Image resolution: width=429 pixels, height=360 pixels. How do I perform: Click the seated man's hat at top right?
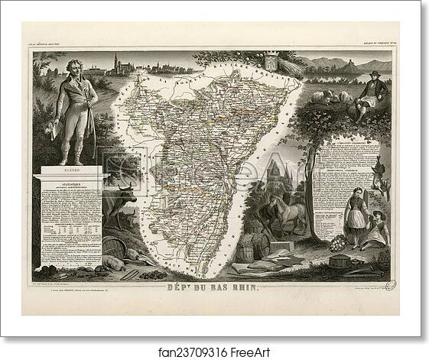373,74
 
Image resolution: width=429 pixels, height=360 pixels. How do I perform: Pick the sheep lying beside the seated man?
340,97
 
